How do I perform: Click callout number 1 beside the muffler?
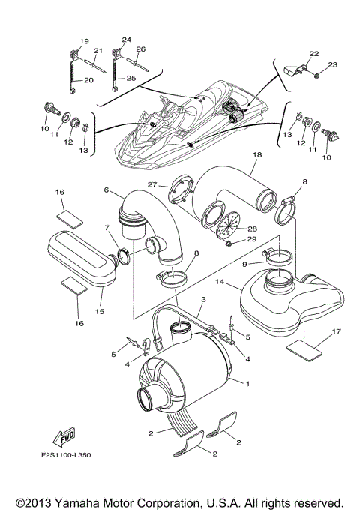(248, 383)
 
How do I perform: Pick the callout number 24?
(125, 40)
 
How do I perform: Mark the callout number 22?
(313, 53)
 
